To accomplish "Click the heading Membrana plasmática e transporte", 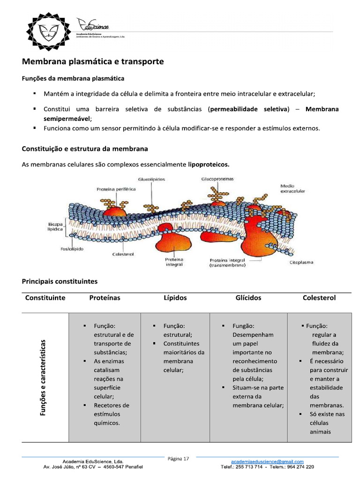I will [93, 62].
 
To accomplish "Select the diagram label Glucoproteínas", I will [217, 179].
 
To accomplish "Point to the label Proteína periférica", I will [116, 189].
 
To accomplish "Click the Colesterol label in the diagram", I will [123, 255].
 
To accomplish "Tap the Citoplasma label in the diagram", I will [301, 262].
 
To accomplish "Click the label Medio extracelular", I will [292, 189].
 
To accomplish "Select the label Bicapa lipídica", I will [55, 227].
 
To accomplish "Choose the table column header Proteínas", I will [105, 298].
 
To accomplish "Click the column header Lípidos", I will [175, 298].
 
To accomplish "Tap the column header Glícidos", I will [248, 298].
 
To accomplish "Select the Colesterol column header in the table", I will [319, 298].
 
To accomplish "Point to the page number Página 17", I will [179, 459].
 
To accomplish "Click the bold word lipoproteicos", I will [209, 165].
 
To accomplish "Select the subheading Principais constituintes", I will [60, 282].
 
